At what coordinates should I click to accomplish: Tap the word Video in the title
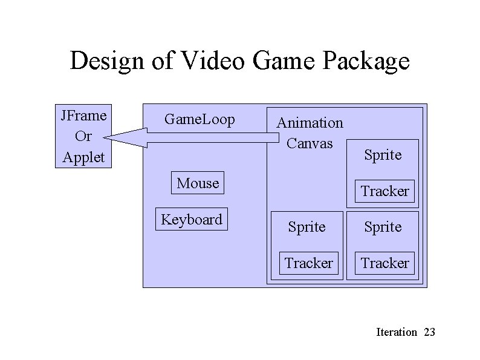(x=203, y=61)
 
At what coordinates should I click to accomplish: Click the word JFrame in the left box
(x=83, y=114)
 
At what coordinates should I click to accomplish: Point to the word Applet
(x=83, y=158)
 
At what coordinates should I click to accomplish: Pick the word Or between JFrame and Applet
(x=83, y=136)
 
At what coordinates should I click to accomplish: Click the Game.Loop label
(x=199, y=120)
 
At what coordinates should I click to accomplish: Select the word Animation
(x=310, y=123)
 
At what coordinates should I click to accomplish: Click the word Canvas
(x=310, y=143)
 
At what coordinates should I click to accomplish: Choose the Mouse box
(x=198, y=183)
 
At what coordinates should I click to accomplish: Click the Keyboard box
(x=192, y=220)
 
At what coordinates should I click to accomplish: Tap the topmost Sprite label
(x=383, y=155)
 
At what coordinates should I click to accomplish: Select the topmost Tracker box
(x=384, y=191)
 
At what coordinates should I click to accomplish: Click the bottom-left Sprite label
(x=306, y=227)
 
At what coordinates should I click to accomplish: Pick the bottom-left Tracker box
(x=308, y=263)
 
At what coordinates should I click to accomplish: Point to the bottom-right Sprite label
(x=383, y=227)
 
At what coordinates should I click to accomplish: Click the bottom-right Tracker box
(x=384, y=263)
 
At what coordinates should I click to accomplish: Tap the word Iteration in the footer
(x=396, y=332)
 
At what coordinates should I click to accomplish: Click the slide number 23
(x=430, y=332)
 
